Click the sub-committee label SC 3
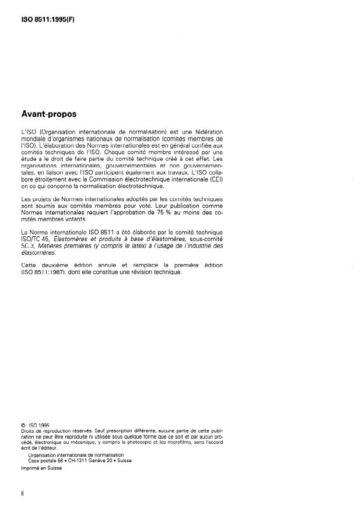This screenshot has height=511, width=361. [27, 247]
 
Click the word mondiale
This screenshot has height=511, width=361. [33, 139]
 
